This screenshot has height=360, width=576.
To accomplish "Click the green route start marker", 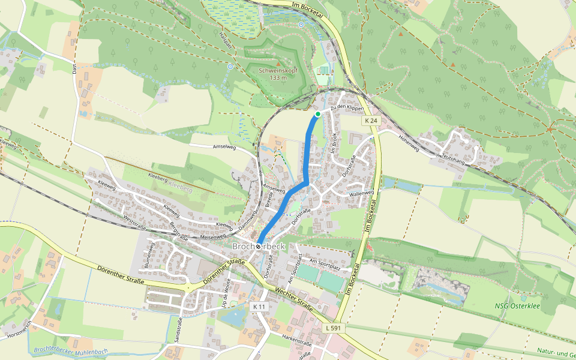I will click(317, 113).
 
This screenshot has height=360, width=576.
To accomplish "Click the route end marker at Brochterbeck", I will click(258, 247).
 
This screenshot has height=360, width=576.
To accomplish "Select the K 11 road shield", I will click(259, 307).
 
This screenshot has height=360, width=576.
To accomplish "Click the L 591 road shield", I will click(334, 328).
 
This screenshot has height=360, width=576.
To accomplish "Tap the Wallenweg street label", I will click(361, 194).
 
